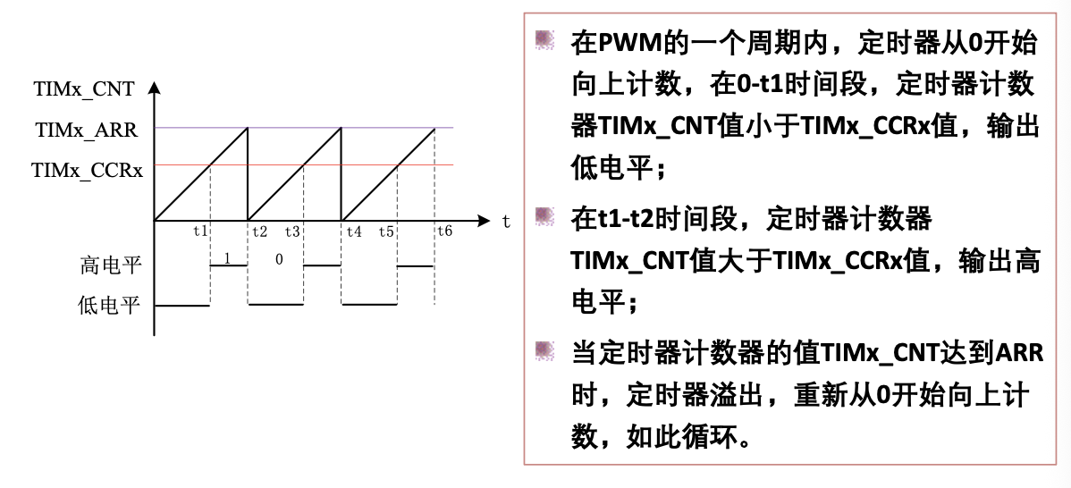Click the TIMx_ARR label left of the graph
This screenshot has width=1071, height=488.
click(x=87, y=130)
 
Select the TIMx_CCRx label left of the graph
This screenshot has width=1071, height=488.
click(x=87, y=170)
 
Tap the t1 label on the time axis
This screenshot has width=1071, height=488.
click(x=201, y=231)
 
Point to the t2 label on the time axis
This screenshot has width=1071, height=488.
click(x=259, y=231)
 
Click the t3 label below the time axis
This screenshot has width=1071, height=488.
click(x=292, y=231)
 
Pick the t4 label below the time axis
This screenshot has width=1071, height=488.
click(x=354, y=231)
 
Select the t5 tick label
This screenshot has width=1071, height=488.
click(x=386, y=231)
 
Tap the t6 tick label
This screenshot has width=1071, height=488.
click(x=444, y=231)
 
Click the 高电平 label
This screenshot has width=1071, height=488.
click(x=110, y=265)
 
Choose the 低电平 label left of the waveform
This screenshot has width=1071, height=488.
click(x=110, y=306)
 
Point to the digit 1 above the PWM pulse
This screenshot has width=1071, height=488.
click(x=227, y=258)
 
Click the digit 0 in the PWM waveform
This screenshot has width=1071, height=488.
click(x=279, y=259)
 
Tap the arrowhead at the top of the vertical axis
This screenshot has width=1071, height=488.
click(x=154, y=88)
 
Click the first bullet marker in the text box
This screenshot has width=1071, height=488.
click(x=544, y=40)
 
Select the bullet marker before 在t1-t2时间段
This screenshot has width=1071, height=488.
click(x=544, y=217)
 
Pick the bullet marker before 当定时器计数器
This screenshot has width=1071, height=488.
click(x=544, y=351)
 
